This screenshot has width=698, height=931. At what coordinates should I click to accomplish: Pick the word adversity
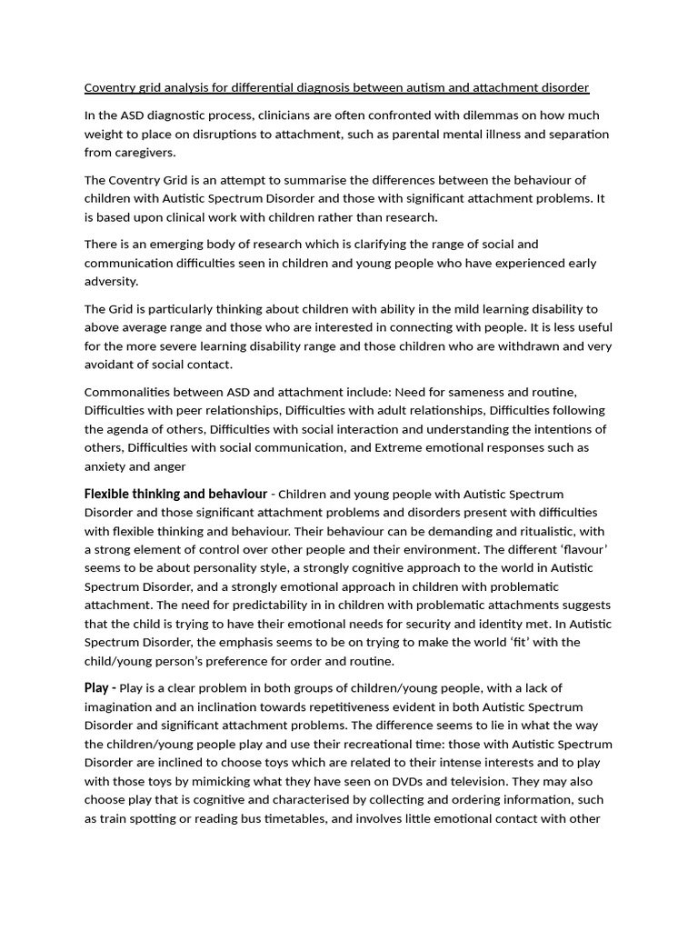point(112,281)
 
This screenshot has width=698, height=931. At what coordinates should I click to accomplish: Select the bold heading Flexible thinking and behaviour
point(175,494)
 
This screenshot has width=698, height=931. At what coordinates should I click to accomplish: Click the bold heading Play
point(96,687)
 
